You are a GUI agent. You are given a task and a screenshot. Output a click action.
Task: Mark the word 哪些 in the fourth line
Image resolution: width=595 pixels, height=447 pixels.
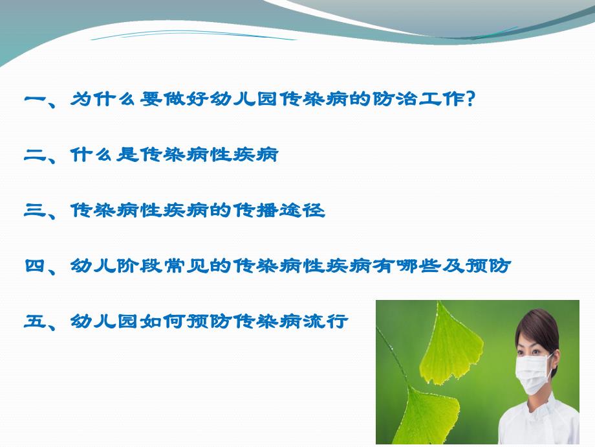pos(431,266)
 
